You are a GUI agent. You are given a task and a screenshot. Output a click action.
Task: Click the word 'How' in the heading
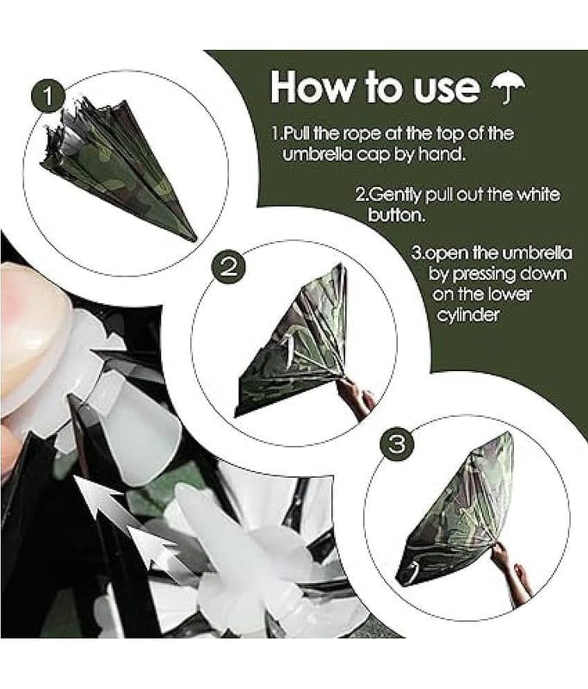click(311, 87)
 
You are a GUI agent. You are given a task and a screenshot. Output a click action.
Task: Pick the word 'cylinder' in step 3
click(468, 315)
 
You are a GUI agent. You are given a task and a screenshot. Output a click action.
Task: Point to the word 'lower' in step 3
click(511, 294)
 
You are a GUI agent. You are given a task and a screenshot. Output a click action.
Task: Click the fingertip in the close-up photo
click(31, 338)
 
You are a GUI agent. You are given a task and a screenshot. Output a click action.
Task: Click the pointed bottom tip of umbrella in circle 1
click(195, 241)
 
